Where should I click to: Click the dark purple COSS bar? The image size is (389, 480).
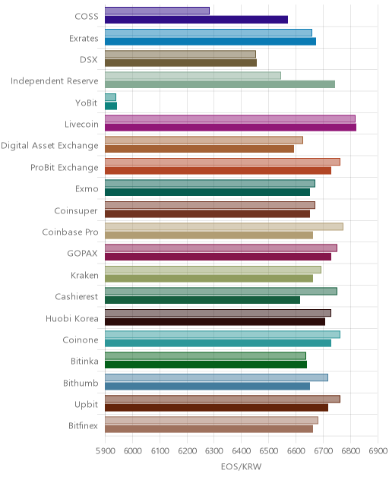pos(196,20)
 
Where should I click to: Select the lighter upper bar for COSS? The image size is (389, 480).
pos(157,11)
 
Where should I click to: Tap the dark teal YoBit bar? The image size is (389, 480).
pos(111,106)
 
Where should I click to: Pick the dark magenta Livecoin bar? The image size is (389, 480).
pos(231,128)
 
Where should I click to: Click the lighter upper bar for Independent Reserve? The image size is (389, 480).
pos(193,76)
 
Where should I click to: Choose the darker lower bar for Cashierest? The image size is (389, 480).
pos(202,300)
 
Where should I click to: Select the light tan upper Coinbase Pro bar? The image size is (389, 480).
pos(224,226)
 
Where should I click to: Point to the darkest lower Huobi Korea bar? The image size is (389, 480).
pos(215,322)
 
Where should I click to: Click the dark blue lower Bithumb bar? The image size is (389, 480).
pos(207,387)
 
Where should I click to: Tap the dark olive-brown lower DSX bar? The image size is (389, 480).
pos(181,63)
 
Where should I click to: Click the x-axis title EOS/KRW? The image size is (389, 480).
pos(241,466)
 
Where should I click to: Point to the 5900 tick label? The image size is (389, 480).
pos(106,451)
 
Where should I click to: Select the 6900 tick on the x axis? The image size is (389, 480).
pos(378,451)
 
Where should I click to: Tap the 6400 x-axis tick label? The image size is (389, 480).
pos(242,451)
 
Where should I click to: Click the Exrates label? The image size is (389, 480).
pos(84,39)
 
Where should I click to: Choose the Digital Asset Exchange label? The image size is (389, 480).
pos(49,145)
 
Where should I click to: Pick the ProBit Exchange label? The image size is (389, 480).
pos(65,167)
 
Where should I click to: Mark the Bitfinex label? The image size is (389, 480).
pos(83,425)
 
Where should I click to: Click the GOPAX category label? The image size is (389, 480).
pos(82,254)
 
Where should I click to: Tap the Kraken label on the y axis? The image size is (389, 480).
pos(84,275)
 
